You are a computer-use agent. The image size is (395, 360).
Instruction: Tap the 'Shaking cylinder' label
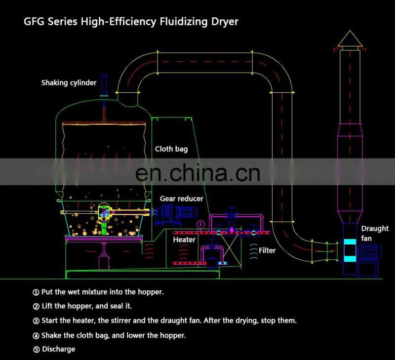point(69,82)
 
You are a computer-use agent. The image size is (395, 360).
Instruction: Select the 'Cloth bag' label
point(171,149)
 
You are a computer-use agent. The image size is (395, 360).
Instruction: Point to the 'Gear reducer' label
point(181,199)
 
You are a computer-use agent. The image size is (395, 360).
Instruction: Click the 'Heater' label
point(184,240)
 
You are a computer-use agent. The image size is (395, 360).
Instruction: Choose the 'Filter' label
point(267,250)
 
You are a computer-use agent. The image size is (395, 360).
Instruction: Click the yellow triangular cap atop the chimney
point(350,38)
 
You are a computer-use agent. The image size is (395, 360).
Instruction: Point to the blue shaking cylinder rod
point(104,86)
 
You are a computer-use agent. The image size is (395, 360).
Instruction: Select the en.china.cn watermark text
point(197,173)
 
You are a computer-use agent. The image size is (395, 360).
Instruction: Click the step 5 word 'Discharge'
point(58,349)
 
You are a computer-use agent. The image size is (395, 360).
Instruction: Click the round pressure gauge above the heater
point(200,225)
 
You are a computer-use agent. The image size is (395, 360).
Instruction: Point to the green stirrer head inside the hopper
point(104,211)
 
